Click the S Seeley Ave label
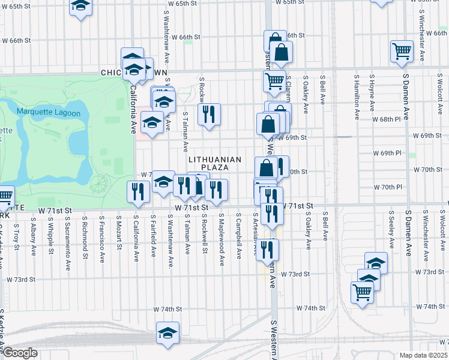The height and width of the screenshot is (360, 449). (391, 229)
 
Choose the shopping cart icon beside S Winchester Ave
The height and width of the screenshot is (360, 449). (402, 51)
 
